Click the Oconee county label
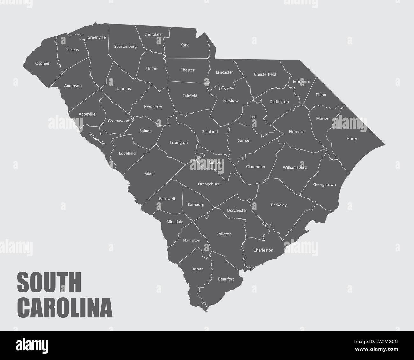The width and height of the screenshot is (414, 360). (x=42, y=63)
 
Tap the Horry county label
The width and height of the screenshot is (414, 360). (x=352, y=139)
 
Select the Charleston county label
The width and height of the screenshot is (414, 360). (x=263, y=250)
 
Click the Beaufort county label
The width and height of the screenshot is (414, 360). (x=226, y=279)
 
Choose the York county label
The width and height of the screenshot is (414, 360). (x=184, y=45)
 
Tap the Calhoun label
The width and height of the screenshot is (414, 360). (x=216, y=162)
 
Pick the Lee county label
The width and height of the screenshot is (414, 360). (x=253, y=117)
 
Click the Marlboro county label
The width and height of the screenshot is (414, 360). (x=301, y=82)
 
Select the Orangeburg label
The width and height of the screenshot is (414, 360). (x=209, y=184)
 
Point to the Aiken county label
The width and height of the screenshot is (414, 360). (x=149, y=173)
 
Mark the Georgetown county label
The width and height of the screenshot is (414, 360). (x=324, y=184)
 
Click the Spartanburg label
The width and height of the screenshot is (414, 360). (x=125, y=46)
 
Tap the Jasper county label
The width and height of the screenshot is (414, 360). (x=196, y=269)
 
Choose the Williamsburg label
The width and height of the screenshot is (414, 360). (x=295, y=167)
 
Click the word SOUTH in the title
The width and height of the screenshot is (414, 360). (x=49, y=283)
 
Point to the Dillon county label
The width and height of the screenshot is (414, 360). (x=321, y=95)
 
